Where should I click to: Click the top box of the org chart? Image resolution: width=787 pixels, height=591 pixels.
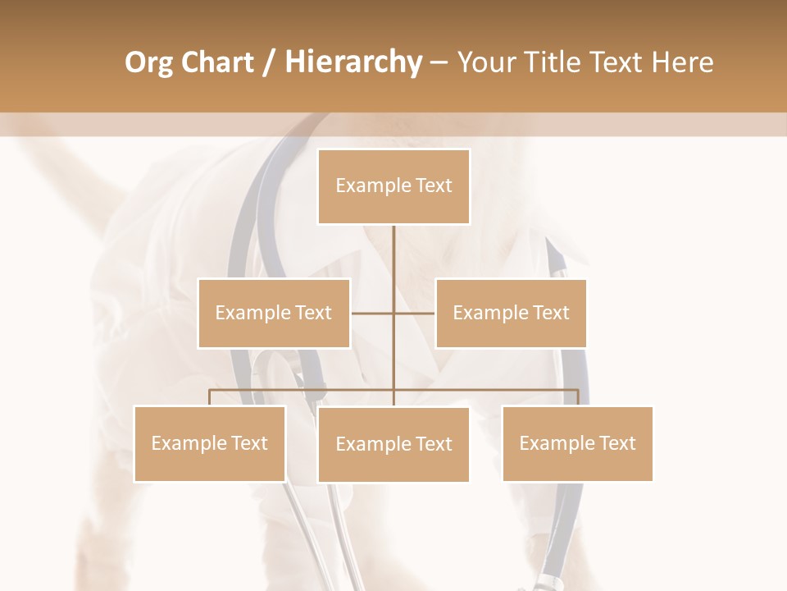tap(393, 186)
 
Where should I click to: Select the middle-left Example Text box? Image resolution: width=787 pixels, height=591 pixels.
tap(274, 313)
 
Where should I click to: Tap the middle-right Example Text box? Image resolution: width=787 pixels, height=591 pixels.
tap(511, 313)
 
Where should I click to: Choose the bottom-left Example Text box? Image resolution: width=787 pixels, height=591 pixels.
tap(210, 443)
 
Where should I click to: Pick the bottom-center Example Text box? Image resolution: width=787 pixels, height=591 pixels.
tap(393, 444)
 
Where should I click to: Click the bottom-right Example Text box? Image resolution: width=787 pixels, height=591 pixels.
tap(577, 443)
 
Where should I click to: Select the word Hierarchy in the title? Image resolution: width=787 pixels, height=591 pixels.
tap(353, 62)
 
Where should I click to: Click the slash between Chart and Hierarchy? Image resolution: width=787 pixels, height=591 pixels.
tap(270, 62)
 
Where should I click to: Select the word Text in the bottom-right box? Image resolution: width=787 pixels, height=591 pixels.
tap(617, 443)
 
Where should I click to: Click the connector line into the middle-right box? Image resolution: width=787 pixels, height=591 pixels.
tap(415, 313)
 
